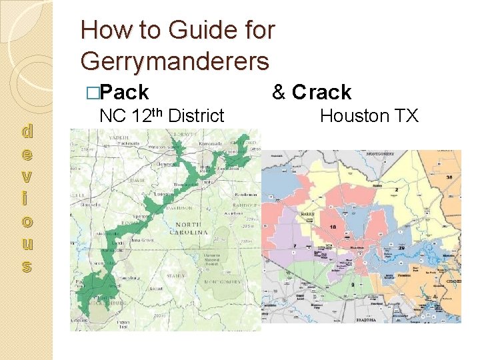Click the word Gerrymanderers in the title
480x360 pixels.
[x=175, y=61]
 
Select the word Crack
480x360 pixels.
[x=321, y=92]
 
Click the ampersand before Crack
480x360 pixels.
[x=279, y=92]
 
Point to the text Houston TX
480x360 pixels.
[x=369, y=116]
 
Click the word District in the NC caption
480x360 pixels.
[x=196, y=116]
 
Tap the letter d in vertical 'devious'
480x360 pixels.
[x=27, y=131]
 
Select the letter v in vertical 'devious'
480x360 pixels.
[x=27, y=177]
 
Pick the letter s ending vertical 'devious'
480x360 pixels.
[x=27, y=267]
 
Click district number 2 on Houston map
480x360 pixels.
[x=396, y=190]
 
